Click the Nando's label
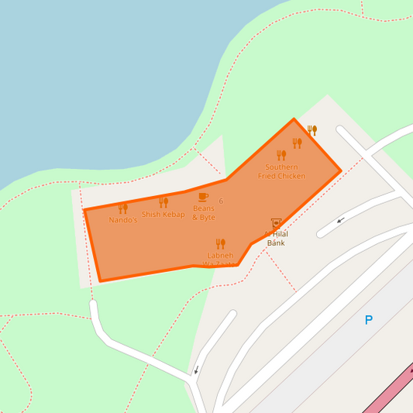coord(122,220)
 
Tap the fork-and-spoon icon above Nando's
coord(122,208)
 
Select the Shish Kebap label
coord(163,215)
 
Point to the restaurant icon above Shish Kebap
coord(163,202)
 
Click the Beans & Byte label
coord(204,213)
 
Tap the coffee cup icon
coord(203,197)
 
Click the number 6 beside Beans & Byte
coord(222,201)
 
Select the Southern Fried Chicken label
coord(281,171)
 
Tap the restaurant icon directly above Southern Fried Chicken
coord(281,155)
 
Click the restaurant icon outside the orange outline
coord(311,130)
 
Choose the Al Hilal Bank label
coord(275,239)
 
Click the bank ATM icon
coord(276,223)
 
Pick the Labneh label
coord(220,255)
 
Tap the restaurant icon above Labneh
coord(220,243)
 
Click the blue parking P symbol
coord(369,320)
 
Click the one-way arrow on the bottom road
coord(197,369)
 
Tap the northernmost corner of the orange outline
coord(294,119)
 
